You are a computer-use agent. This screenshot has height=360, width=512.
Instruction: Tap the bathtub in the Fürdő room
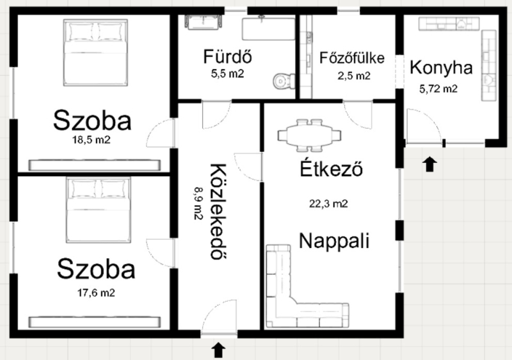[268, 29]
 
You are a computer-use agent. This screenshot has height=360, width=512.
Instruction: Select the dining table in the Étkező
[309, 135]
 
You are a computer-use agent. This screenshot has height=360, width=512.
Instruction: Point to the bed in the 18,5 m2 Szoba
[95, 53]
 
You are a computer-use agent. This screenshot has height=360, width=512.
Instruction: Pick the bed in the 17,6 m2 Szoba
[99, 209]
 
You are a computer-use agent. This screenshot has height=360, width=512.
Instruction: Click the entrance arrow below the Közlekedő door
[218, 350]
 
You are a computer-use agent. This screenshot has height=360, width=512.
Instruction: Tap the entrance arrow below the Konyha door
[429, 164]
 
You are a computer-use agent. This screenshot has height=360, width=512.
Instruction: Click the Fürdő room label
[228, 56]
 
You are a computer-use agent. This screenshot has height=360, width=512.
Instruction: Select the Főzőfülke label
[352, 58]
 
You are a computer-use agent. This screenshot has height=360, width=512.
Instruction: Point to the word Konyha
[441, 68]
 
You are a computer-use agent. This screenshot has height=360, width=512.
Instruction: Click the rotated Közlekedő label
[218, 211]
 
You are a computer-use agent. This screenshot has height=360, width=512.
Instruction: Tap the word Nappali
[334, 241]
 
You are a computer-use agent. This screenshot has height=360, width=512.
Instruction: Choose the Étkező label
[331, 168]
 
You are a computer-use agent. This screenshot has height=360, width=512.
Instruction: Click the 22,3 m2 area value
[328, 204]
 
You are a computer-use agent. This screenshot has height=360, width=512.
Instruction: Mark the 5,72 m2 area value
[438, 89]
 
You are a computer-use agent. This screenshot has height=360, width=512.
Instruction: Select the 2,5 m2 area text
[354, 76]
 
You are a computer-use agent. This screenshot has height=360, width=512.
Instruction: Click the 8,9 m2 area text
[198, 203]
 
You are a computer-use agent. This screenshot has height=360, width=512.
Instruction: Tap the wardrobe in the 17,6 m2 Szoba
[95, 322]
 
